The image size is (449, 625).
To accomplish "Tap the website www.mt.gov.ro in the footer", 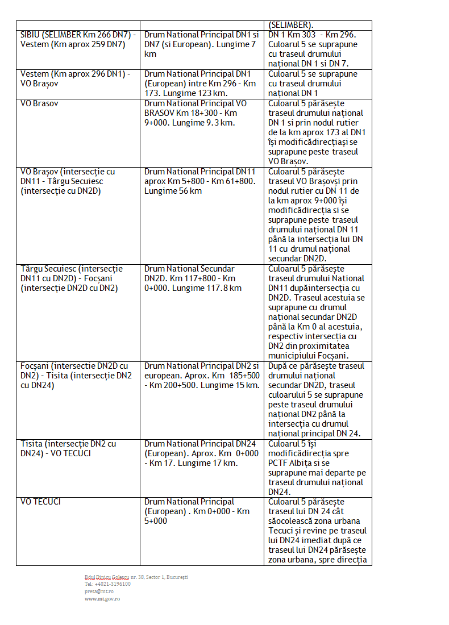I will [102, 598].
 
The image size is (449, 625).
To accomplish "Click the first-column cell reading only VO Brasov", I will [39, 104].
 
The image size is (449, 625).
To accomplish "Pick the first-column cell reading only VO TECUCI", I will [40, 502].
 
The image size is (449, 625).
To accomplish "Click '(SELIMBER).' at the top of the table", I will [290, 25].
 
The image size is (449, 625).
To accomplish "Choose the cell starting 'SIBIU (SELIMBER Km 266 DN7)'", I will [78, 39].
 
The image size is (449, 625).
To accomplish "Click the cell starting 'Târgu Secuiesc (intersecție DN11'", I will [72, 278].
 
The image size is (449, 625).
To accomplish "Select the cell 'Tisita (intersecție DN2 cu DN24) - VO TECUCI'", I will [68, 448].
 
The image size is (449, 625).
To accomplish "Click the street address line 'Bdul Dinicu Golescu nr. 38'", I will [136, 577].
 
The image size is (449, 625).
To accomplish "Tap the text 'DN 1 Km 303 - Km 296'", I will [312, 35].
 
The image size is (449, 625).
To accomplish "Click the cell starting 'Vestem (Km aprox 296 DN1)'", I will [75, 78].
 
